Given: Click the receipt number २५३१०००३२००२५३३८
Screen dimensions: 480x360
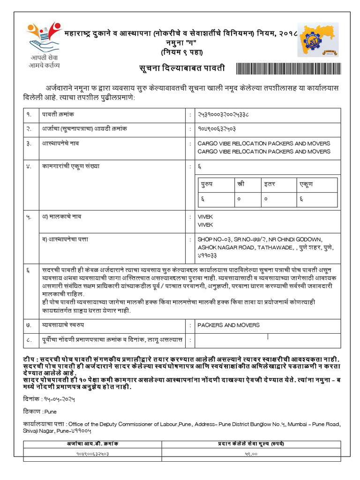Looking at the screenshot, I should (223, 114).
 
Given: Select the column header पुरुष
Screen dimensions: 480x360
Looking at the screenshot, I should (207, 184).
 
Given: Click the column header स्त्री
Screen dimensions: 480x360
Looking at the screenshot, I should (241, 184).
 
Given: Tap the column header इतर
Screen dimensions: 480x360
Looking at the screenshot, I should (269, 184).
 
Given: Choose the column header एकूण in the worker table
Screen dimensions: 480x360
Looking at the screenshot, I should (306, 184).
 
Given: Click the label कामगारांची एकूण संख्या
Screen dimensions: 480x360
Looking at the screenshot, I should (71, 166).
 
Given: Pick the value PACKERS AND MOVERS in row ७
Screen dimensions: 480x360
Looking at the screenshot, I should (228, 325).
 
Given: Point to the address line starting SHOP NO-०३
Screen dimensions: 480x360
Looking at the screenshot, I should (260, 239).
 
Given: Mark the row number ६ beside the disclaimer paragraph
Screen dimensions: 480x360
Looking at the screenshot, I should (28, 270).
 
